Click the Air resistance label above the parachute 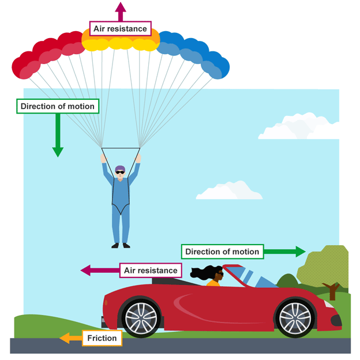pyautogui.click(x=120, y=28)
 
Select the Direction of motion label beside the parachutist pyautogui.click(x=57, y=106)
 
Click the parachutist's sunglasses pyautogui.click(x=119, y=171)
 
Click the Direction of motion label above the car pyautogui.click(x=223, y=252)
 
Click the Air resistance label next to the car pyautogui.click(x=150, y=269)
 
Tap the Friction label pyautogui.click(x=102, y=338)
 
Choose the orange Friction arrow pyautogui.click(x=71, y=338)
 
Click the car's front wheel pyautogui.click(x=295, y=317)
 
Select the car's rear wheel pyautogui.click(x=141, y=317)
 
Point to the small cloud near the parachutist pyautogui.click(x=229, y=191)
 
